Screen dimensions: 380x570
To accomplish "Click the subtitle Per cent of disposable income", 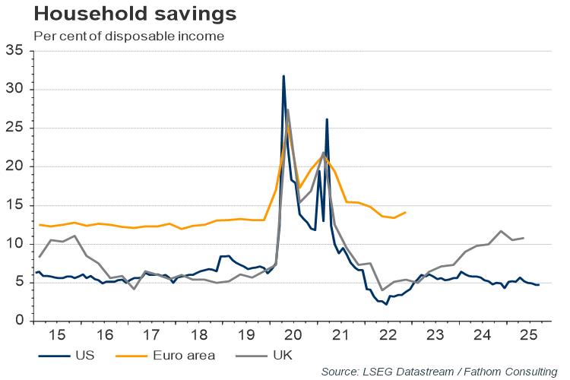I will pos(119,36).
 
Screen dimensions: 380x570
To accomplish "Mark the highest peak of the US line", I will pos(283,76).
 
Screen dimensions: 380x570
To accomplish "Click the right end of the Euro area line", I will pos(405,212).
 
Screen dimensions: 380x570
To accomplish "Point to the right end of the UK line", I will pos(524,238).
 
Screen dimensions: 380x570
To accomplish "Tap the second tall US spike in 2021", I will pos(327,119).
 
